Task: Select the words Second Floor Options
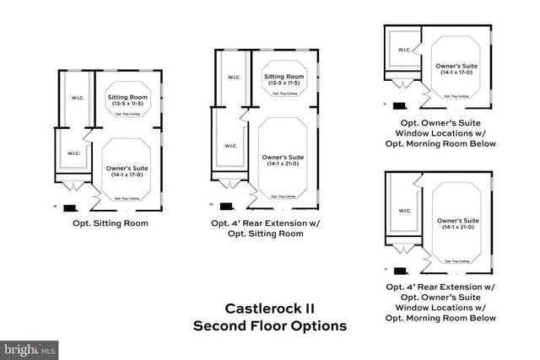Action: [x=269, y=325]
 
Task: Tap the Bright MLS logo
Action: [x=30, y=347]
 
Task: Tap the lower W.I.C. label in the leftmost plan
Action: [x=73, y=153]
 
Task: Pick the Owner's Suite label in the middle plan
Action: [x=283, y=156]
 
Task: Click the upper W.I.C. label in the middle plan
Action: [x=234, y=78]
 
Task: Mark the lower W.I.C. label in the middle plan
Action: [x=230, y=145]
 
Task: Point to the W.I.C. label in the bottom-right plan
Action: [x=403, y=211]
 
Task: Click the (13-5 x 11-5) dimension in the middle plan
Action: [x=283, y=83]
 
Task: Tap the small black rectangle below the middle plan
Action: [x=225, y=206]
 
